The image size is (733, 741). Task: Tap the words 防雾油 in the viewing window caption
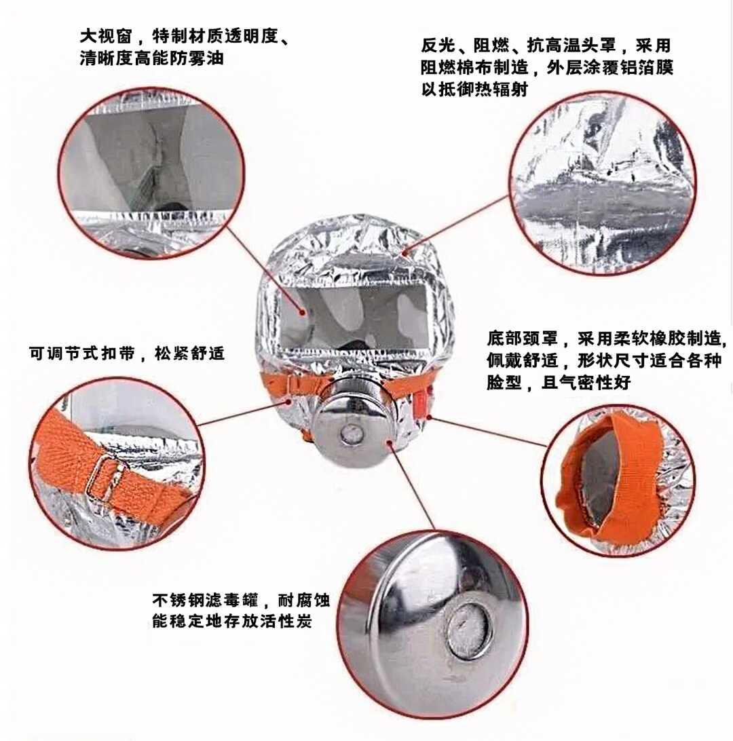[198, 58]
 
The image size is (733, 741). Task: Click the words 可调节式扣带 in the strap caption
[82, 353]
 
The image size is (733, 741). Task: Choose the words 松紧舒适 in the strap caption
[189, 353]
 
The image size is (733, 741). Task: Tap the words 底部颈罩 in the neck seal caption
[523, 339]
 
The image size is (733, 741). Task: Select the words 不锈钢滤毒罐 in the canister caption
[205, 600]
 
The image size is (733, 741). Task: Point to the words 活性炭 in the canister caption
[286, 621]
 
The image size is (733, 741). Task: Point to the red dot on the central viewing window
[303, 312]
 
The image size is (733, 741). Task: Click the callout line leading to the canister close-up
[412, 487]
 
